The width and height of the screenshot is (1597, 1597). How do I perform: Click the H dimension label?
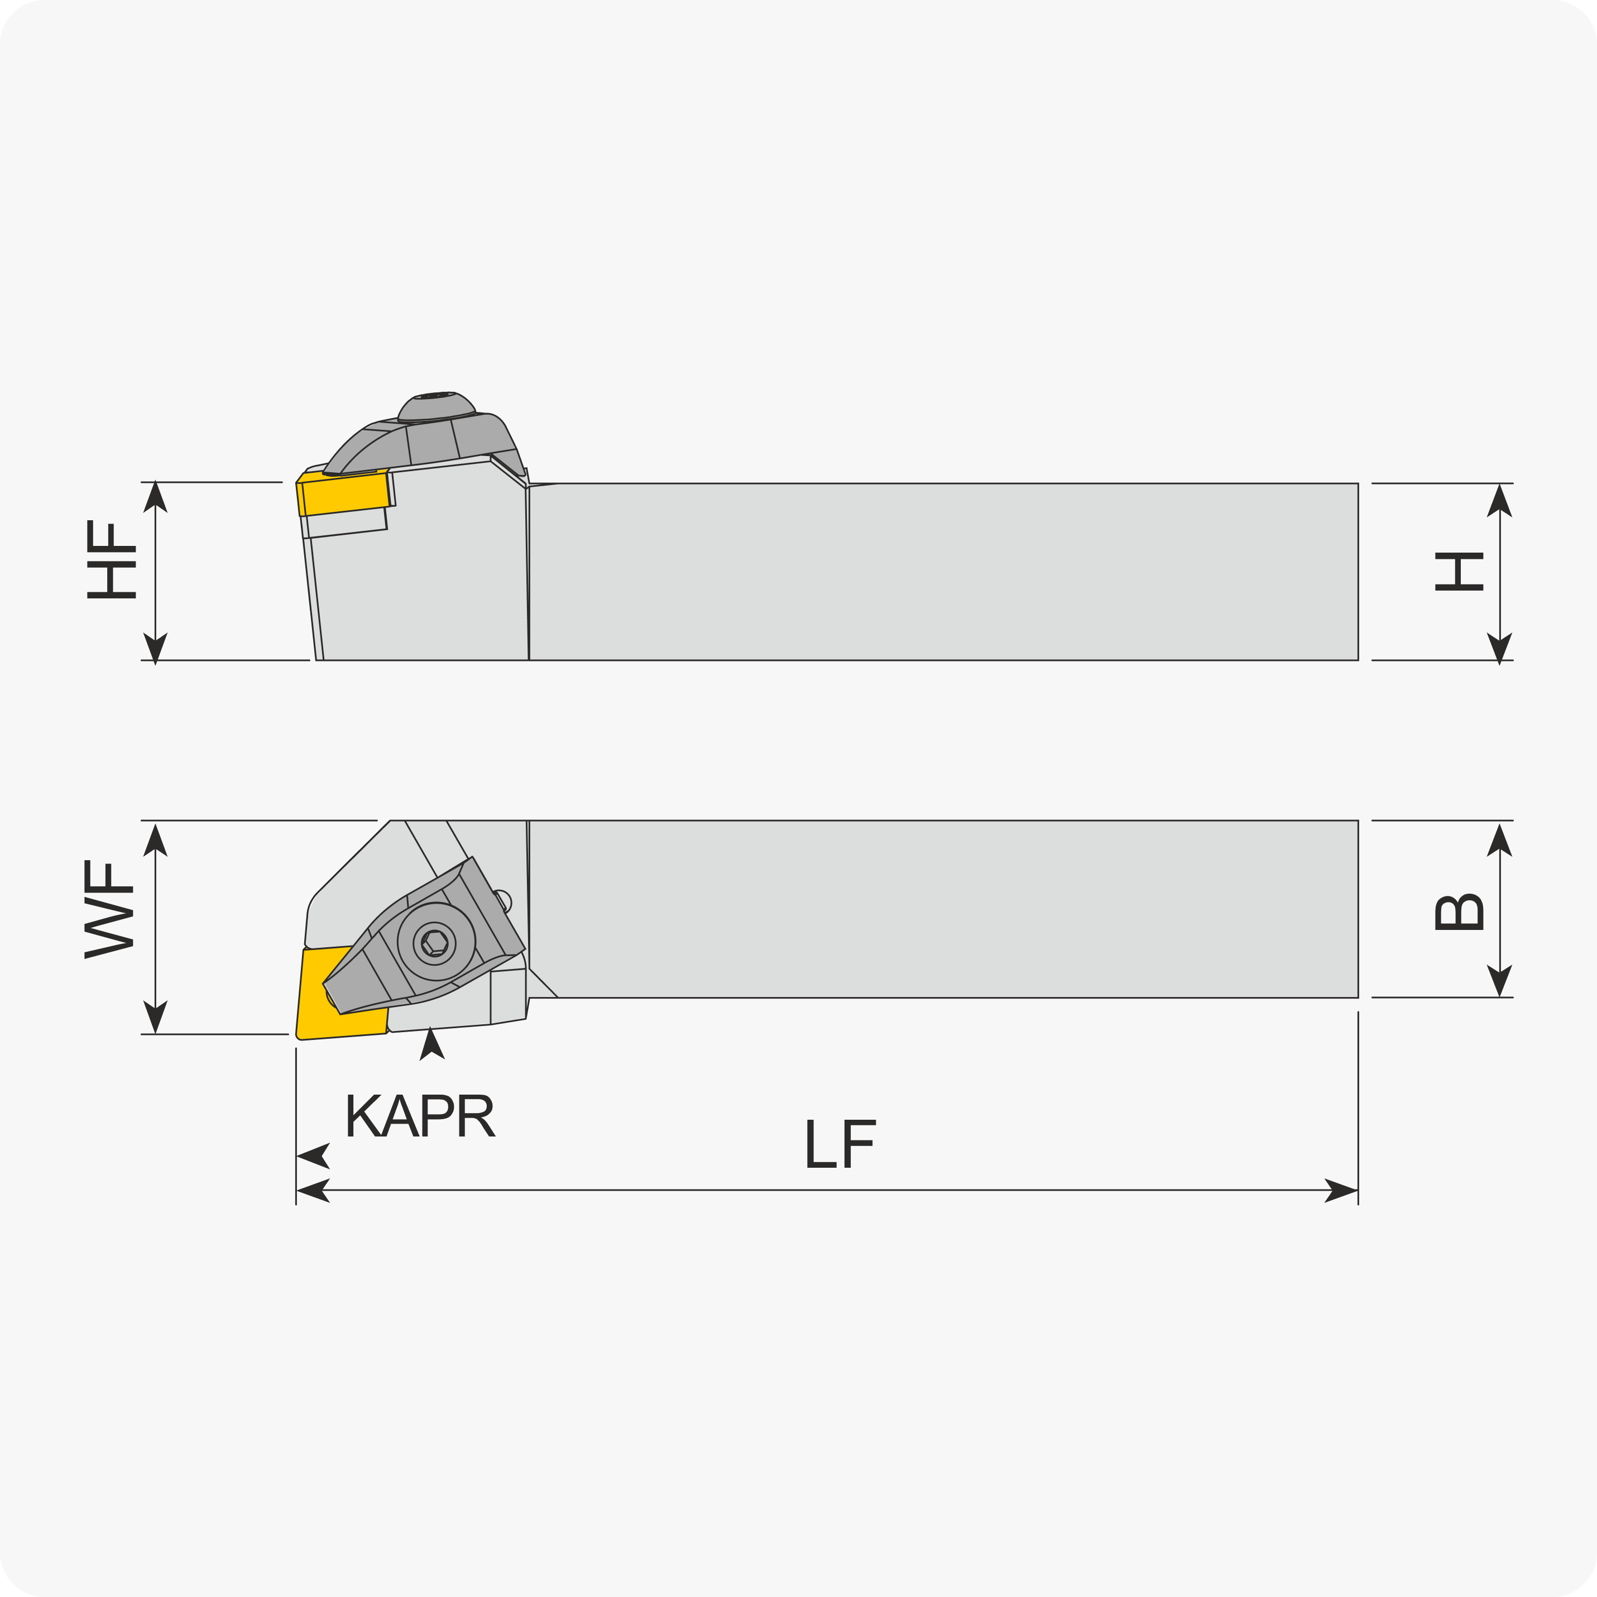(x=1459, y=571)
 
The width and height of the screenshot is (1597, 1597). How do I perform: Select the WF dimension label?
(x=108, y=909)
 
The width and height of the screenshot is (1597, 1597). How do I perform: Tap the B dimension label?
(x=1459, y=912)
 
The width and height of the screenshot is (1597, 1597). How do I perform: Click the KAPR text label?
(x=421, y=1115)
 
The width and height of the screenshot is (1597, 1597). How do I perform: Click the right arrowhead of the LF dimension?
(x=1341, y=1190)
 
